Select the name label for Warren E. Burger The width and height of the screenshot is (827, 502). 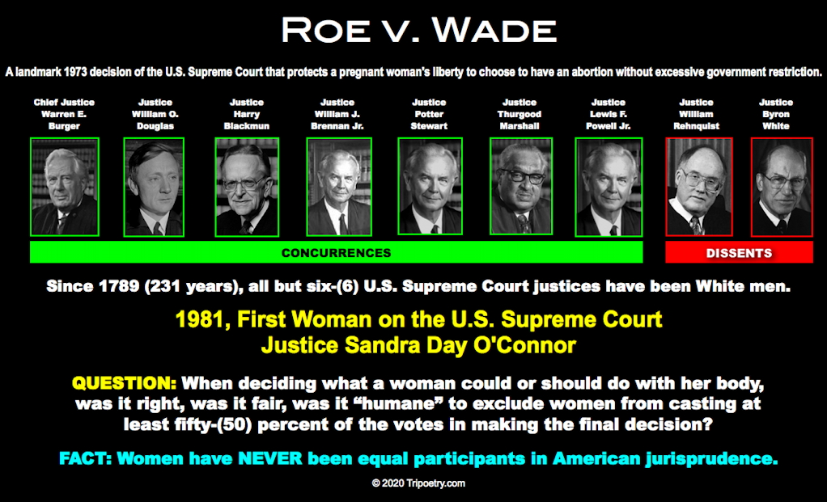pos(65,114)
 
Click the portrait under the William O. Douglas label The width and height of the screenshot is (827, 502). pos(154,187)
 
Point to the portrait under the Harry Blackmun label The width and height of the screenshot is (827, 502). pos(247,187)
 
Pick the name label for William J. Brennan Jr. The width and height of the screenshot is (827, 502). pos(337,114)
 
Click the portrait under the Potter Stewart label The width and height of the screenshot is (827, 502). pos(430,187)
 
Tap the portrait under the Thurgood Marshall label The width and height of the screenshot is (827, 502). pos(521,187)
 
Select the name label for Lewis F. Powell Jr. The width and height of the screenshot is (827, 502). pos(609,114)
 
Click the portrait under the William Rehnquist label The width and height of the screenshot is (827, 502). pos(699,187)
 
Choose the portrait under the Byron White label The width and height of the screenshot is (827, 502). pos(782,187)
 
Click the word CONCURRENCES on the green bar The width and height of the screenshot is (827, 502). pos(336,253)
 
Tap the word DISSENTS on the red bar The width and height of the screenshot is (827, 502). pos(739,253)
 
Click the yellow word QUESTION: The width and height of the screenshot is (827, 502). pos(124,383)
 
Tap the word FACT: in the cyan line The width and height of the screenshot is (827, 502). pos(85,458)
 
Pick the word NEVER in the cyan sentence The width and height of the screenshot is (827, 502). pos(270,458)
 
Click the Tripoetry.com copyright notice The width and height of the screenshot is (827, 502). pos(419,483)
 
